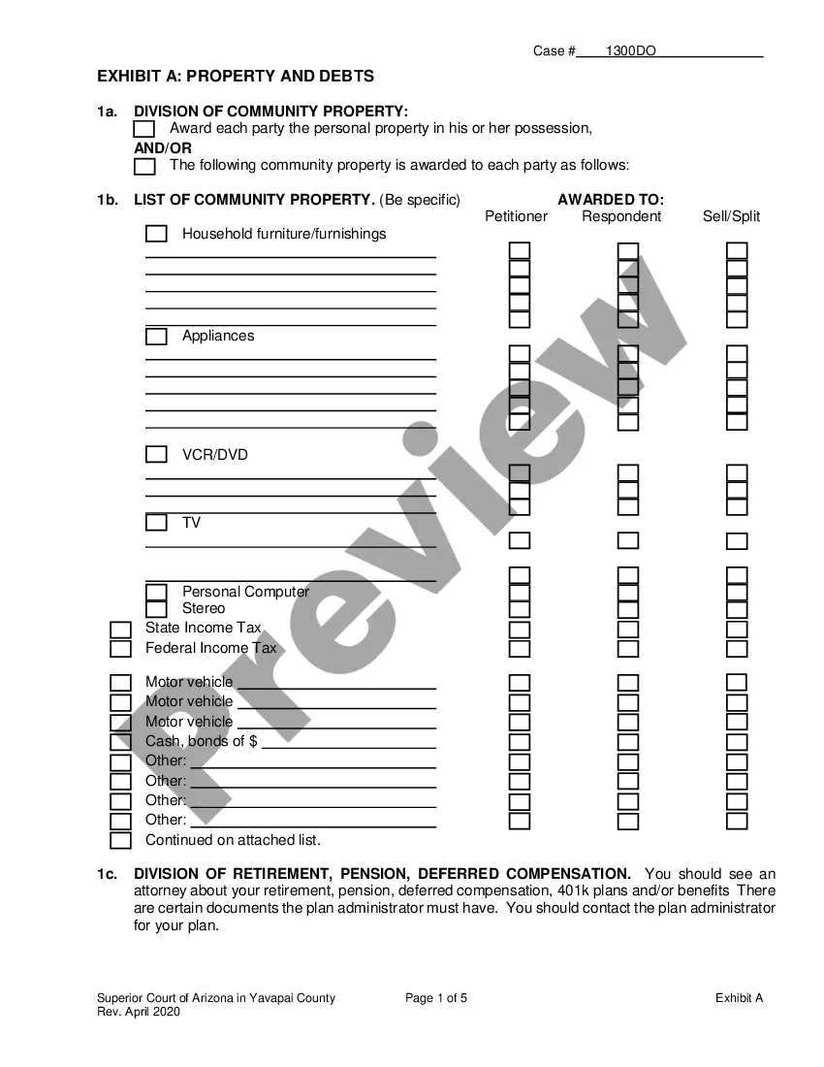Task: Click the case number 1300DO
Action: coord(631,50)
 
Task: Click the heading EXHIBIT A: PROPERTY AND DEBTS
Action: coord(236,76)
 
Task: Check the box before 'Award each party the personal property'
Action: coord(144,129)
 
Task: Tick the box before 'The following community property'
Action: coord(144,166)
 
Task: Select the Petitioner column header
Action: coord(516,216)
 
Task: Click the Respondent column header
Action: coord(621,216)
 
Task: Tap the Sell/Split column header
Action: coord(731,216)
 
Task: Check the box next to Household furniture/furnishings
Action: coord(156,234)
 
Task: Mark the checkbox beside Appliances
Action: coord(156,337)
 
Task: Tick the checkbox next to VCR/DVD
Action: coord(156,455)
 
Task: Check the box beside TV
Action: coord(156,523)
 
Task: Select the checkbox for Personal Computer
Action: coord(156,592)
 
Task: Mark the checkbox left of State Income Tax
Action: coord(120,630)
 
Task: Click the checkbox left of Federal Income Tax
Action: coord(120,649)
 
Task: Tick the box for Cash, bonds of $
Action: coord(120,742)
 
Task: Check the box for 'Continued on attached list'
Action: coord(120,841)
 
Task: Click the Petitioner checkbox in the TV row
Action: coord(520,540)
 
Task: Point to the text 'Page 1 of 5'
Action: coord(436,997)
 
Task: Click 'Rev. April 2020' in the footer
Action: coord(139,1012)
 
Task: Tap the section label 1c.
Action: coord(107,874)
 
